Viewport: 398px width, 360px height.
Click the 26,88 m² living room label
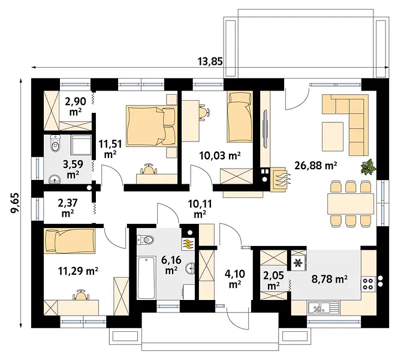[316, 166]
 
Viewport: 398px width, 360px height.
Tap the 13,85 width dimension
[210, 61]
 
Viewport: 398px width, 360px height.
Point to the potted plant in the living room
[368, 167]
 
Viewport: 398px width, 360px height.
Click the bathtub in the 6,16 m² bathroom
[146, 278]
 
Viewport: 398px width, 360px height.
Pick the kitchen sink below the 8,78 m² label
[324, 307]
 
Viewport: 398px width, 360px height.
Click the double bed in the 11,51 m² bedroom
[151, 126]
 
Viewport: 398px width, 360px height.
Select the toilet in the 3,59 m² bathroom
[55, 143]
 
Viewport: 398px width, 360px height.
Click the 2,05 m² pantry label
[273, 281]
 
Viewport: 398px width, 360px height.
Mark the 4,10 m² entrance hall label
[235, 279]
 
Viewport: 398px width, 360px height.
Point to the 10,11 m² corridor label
[200, 209]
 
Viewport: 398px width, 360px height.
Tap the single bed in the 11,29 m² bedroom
[70, 241]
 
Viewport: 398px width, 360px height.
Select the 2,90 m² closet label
[76, 106]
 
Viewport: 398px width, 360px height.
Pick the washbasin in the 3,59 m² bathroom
[55, 179]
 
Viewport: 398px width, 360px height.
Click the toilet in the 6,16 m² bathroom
[146, 239]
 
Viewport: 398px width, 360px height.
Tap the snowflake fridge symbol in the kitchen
[297, 262]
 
